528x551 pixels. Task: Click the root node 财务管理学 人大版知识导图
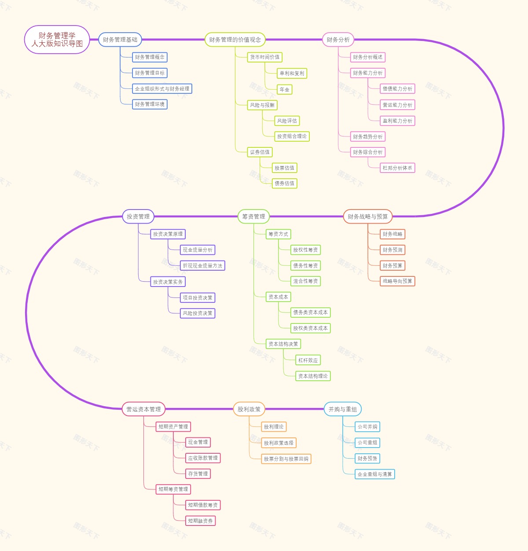(x=57, y=40)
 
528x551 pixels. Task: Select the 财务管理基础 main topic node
(x=120, y=40)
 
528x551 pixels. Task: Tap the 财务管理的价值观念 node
(x=235, y=40)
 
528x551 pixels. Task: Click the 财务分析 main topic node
(x=338, y=40)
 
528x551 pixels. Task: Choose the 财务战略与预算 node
(x=367, y=217)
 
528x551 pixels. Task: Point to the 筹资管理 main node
(x=253, y=217)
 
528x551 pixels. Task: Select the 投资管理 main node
(x=138, y=217)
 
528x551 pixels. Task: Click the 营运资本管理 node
(x=143, y=409)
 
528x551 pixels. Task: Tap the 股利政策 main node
(x=249, y=409)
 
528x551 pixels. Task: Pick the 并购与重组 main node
(x=343, y=409)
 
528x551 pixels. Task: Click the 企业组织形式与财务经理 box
(x=162, y=89)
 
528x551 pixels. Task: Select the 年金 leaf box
(x=285, y=90)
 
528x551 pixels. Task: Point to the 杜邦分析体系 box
(x=397, y=168)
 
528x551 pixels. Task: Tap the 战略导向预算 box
(x=397, y=281)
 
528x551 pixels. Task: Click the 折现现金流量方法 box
(x=202, y=266)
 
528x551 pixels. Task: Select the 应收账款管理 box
(x=203, y=458)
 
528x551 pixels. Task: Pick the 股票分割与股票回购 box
(x=286, y=459)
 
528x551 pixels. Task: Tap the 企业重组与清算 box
(x=374, y=474)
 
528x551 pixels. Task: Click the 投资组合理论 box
(x=292, y=136)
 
